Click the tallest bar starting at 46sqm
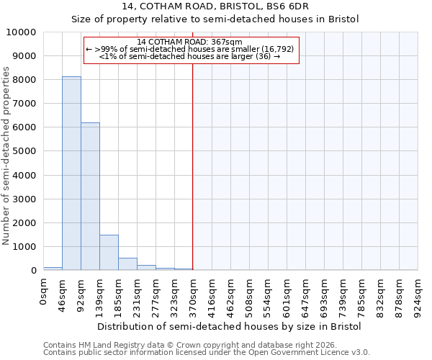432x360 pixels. point(71,173)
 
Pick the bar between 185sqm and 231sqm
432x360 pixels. point(127,264)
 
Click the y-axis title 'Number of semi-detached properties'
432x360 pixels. point(7,156)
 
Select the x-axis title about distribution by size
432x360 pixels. point(230,326)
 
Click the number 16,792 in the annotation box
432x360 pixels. point(278,49)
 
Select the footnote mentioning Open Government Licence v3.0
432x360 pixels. point(207,353)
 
